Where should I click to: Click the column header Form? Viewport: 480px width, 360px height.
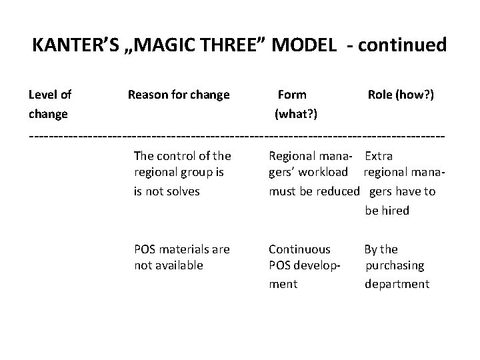292,95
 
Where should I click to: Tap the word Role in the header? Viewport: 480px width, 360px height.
381,95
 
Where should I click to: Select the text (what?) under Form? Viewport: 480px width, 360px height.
296,114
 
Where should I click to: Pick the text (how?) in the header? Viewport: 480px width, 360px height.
417,95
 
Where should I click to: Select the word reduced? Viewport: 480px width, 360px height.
337,191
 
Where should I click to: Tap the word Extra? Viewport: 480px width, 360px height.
379,156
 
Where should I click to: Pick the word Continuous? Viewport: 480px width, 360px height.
299,249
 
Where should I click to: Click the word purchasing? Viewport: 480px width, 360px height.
395,265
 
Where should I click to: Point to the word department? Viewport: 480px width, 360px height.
397,284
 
